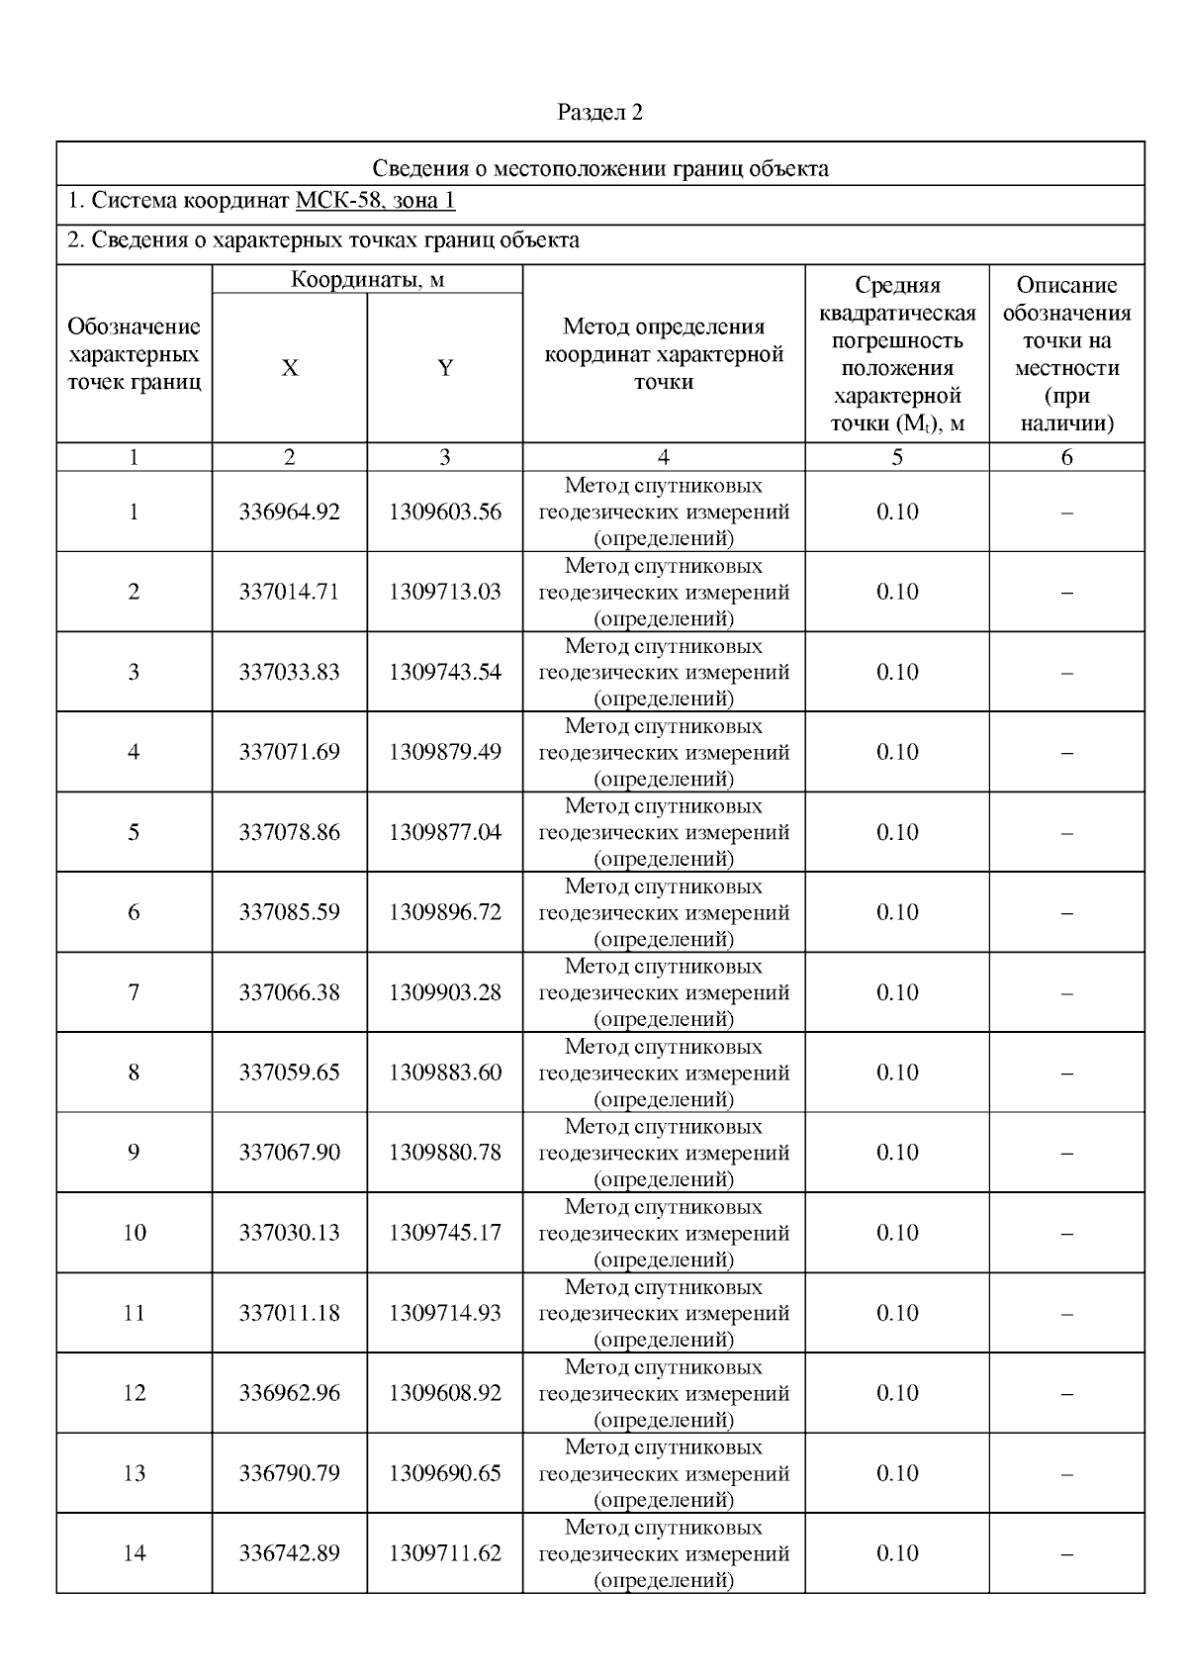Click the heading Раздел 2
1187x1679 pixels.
(x=599, y=113)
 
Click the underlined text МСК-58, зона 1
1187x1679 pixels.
(x=375, y=202)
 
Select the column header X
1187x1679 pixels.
(x=289, y=369)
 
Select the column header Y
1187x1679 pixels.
(x=445, y=369)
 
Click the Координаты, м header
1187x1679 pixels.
(x=367, y=280)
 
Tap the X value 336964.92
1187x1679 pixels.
(x=289, y=513)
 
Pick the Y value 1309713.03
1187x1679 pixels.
(x=445, y=593)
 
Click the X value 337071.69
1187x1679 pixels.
(x=289, y=753)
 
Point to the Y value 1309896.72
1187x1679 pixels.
(x=445, y=912)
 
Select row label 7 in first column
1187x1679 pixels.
(x=134, y=992)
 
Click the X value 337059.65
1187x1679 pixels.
(x=289, y=1073)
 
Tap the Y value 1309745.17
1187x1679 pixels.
(x=445, y=1233)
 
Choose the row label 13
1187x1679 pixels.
(x=134, y=1473)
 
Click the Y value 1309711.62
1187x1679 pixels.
(x=445, y=1553)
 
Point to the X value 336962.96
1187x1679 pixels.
(x=289, y=1393)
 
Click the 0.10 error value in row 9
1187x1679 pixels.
(x=897, y=1153)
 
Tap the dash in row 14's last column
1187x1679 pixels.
(x=1066, y=1554)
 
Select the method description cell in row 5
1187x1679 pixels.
(x=664, y=833)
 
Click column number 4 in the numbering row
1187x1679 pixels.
(x=664, y=457)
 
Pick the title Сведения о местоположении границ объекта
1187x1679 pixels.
(x=599, y=168)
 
